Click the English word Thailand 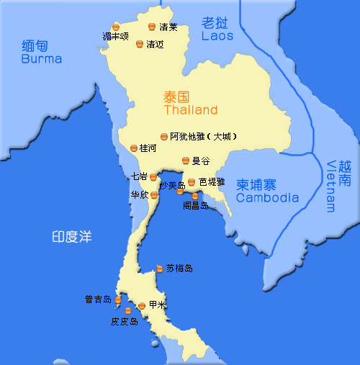190,110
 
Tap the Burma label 42,59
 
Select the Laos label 217,35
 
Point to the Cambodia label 267,198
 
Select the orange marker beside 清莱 152,27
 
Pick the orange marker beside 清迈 140,44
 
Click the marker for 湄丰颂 115,27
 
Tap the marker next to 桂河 133,148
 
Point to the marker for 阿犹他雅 163,136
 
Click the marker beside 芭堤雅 191,182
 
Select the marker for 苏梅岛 159,269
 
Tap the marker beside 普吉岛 118,300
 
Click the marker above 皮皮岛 127,311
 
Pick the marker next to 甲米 142,306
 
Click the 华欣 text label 140,194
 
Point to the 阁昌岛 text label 195,205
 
